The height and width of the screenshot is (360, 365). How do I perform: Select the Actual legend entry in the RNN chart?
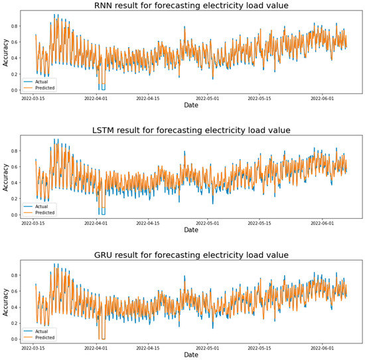pos(46,82)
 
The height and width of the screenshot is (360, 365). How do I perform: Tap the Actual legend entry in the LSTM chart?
pos(46,206)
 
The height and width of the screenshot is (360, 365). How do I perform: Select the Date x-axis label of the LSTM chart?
pos(190,230)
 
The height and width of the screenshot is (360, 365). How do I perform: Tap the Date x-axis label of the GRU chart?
pos(190,355)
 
